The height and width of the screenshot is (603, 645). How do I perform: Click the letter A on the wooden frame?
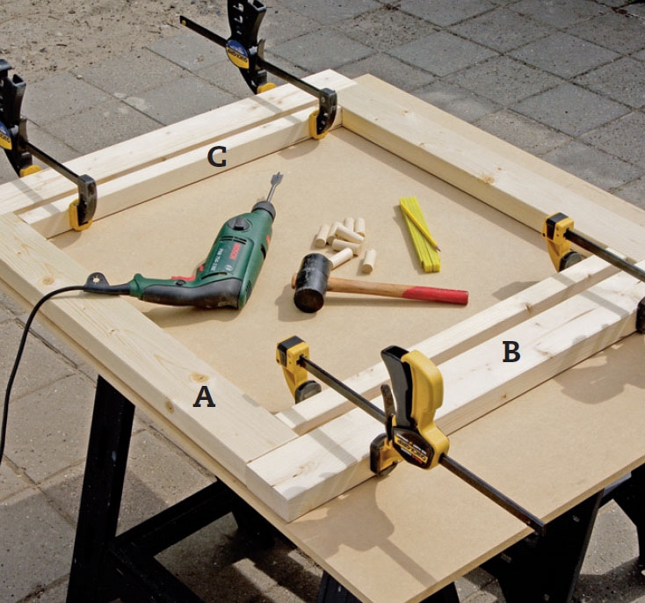click(x=205, y=397)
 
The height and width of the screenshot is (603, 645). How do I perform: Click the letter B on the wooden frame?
click(x=511, y=352)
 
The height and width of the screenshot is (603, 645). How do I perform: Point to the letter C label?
click(x=217, y=156)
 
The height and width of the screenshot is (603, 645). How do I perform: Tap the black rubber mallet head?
click(x=312, y=283)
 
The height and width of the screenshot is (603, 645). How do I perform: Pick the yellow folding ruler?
click(x=420, y=234)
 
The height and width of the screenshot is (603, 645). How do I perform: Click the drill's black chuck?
click(x=265, y=208)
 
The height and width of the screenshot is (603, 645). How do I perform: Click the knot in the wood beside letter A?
click(x=200, y=377)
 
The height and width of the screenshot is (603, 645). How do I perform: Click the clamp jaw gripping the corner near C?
click(x=325, y=113)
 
